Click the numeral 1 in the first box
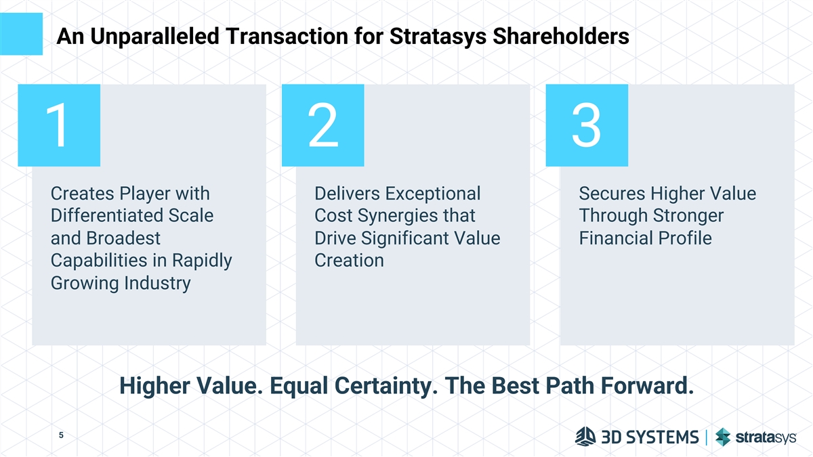[58, 125]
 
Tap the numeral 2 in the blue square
[323, 125]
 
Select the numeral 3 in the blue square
[587, 125]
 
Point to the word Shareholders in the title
[561, 37]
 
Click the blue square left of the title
[21, 34]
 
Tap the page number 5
[61, 435]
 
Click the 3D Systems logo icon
[585, 436]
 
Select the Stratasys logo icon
[723, 437]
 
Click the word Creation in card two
[349, 261]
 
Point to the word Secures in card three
[612, 194]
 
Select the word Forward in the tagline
[647, 385]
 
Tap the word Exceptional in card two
[433, 194]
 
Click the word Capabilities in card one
[108, 261]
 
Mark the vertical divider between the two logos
[706, 437]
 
